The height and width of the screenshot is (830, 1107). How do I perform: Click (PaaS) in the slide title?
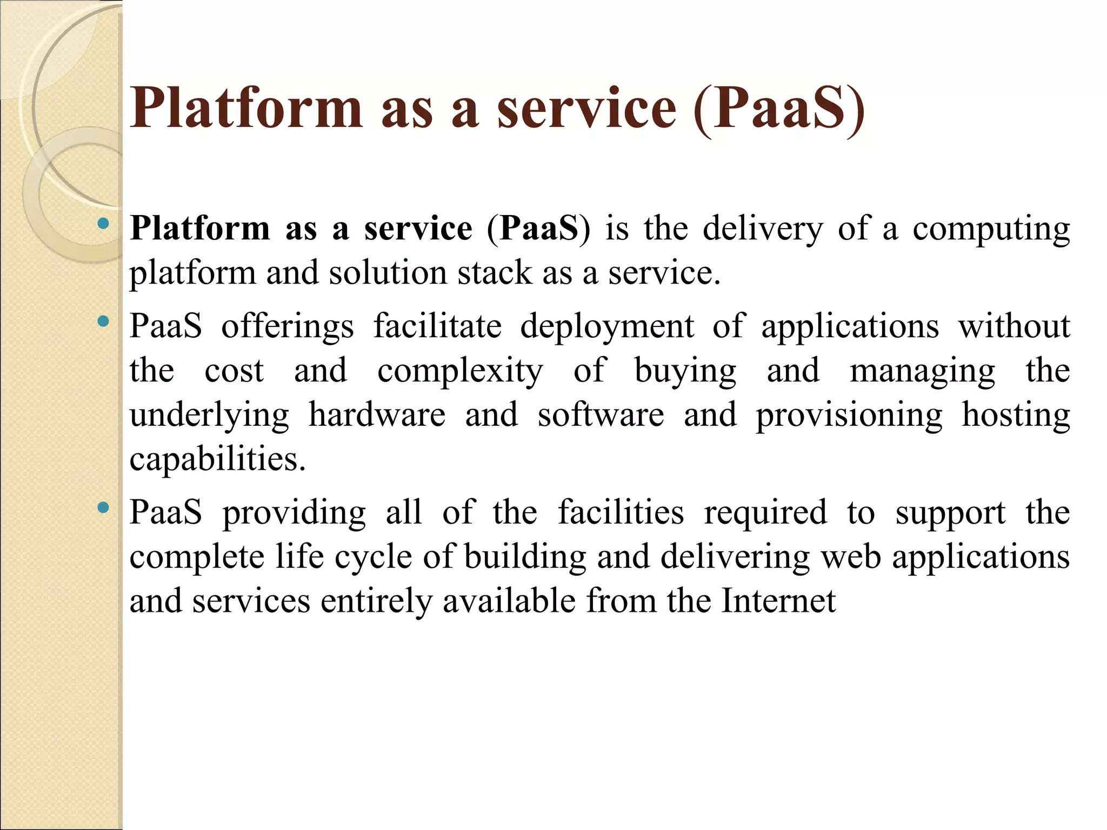[x=779, y=109]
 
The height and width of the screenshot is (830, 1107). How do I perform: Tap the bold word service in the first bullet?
[x=418, y=228]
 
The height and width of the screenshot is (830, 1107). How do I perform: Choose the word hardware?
[x=377, y=415]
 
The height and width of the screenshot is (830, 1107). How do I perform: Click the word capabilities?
[x=217, y=459]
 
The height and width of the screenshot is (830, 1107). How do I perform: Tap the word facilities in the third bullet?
[x=621, y=512]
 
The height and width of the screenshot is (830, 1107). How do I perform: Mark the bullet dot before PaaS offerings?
[x=103, y=322]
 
